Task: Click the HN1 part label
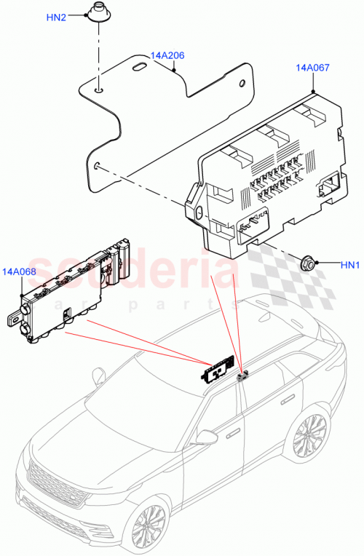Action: [x=350, y=264]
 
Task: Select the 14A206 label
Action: [x=167, y=55]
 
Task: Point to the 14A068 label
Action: [x=19, y=271]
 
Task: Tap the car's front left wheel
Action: [x=151, y=524]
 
